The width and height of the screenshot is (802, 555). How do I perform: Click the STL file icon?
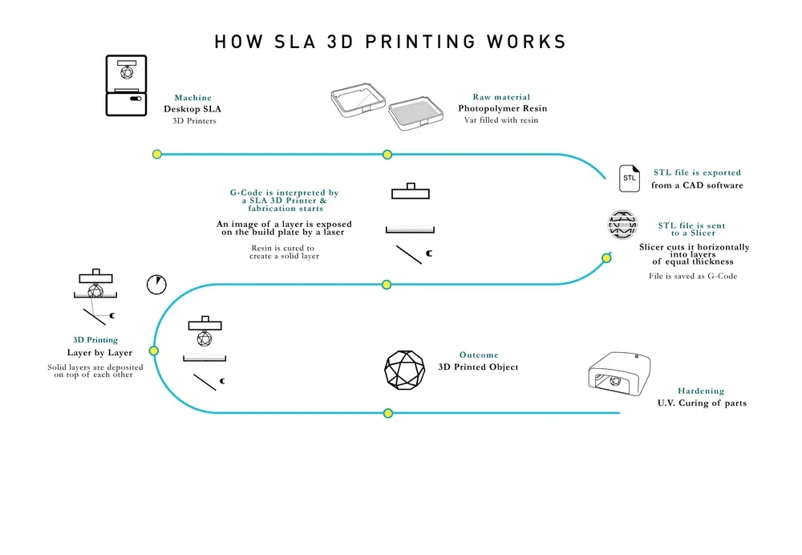630,178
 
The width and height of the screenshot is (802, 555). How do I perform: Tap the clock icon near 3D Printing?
156,284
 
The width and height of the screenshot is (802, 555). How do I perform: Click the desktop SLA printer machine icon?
127,86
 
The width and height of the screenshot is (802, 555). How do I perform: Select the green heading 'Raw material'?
501,97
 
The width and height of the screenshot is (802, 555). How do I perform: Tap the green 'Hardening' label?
701,391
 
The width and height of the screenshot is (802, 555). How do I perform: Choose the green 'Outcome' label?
479,354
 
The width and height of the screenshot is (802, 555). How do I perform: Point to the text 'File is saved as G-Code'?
693,276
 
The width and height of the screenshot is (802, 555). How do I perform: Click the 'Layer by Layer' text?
99,353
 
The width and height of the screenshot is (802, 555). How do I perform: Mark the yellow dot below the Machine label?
157,154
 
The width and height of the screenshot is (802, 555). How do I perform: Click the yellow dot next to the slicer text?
607,257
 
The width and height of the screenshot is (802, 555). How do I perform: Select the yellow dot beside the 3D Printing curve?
154,350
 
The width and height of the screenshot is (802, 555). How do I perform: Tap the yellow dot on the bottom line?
388,413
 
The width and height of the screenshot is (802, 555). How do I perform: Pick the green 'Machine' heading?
193,98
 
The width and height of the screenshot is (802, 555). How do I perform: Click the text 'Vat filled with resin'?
501,120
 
